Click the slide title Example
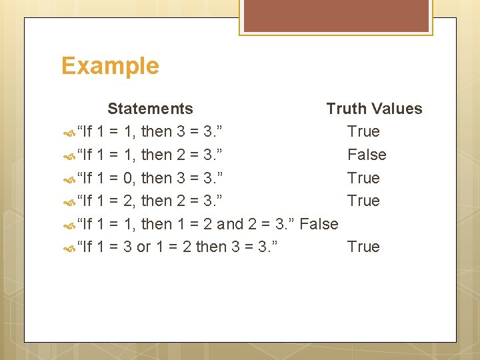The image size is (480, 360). coord(110,66)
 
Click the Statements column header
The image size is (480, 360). coord(150,109)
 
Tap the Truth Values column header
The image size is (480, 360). coord(374,109)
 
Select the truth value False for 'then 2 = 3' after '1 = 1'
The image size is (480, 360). coord(367,155)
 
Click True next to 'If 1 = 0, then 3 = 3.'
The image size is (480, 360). coord(363,178)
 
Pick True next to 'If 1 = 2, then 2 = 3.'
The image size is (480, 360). coord(363,201)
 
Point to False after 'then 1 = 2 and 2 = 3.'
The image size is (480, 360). coord(319,224)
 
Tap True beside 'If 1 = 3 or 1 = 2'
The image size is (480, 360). coord(363,247)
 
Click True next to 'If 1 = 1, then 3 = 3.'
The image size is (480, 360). coord(363,131)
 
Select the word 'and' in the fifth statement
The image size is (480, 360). coord(231,224)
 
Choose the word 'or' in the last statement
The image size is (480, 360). coord(143,247)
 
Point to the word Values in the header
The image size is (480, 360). coord(398,109)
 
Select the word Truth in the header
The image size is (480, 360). coord(347,109)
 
